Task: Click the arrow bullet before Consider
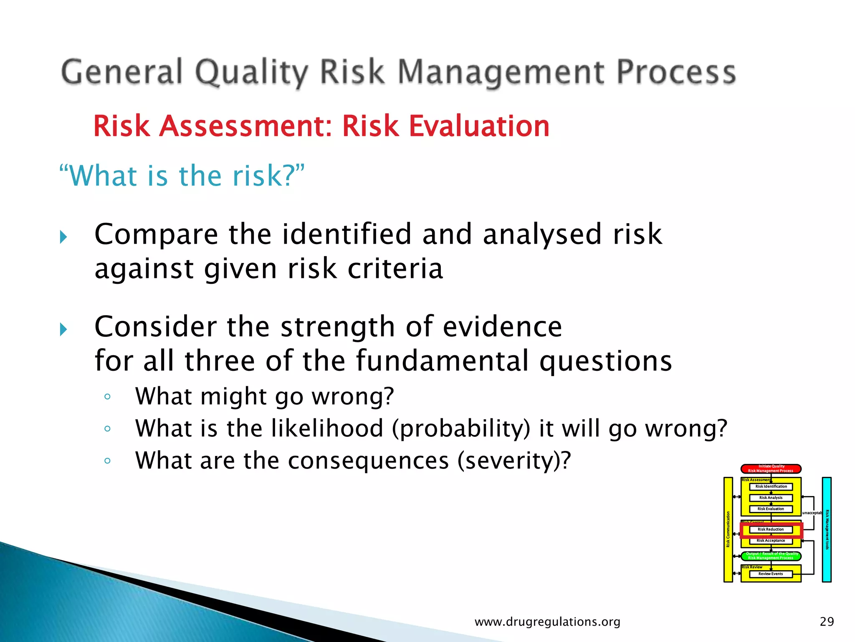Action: coord(63,330)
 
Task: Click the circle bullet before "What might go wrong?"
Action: coord(107,396)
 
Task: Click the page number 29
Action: coord(827,622)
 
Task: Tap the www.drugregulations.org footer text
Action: coord(547,622)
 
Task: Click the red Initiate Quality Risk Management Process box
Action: coord(771,469)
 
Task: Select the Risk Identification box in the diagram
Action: coord(771,487)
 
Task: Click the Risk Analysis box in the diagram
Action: coord(771,498)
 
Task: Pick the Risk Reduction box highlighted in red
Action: coord(771,530)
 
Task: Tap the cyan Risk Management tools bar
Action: coord(827,530)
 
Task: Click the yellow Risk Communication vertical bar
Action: coord(728,530)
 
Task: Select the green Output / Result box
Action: coord(771,556)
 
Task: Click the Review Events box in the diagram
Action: coord(771,574)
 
